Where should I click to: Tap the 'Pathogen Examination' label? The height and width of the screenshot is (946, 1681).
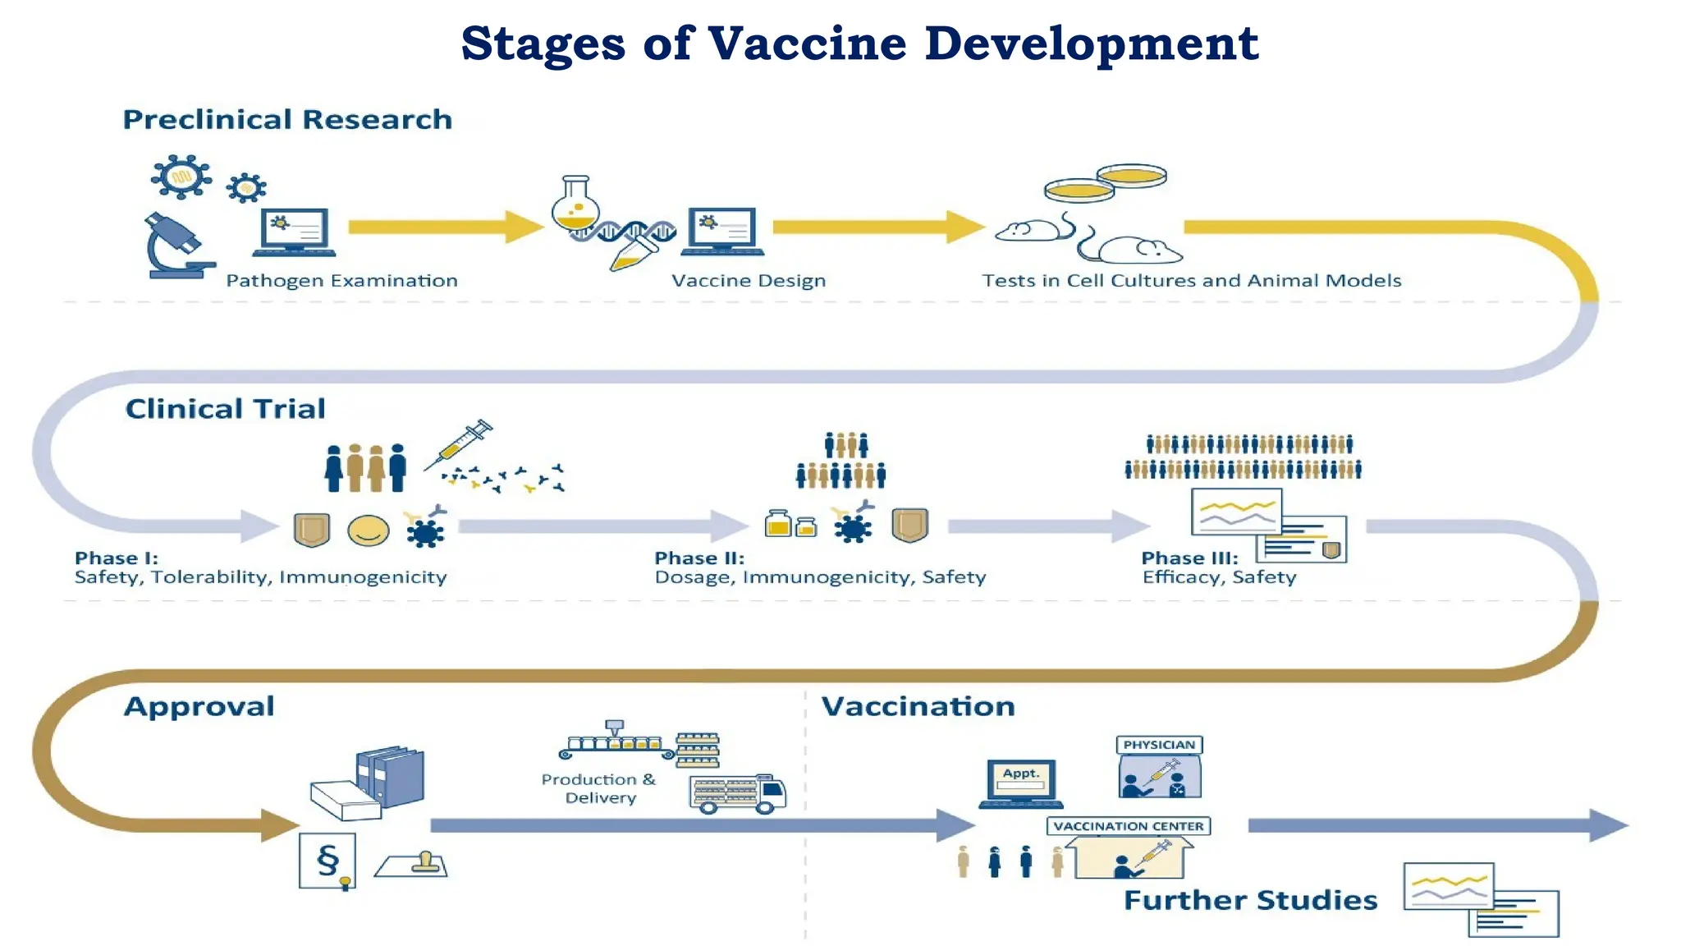[341, 281]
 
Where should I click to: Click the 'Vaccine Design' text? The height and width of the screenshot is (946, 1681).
[748, 281]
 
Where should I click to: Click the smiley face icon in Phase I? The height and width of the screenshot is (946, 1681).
[368, 530]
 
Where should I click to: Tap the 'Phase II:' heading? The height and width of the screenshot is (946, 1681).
[699, 558]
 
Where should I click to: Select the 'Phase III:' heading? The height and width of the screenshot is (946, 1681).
[1189, 558]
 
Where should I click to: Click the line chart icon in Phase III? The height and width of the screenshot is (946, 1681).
[1236, 512]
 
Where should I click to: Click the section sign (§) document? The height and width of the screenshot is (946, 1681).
[327, 860]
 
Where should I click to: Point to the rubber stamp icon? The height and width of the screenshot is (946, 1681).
[413, 864]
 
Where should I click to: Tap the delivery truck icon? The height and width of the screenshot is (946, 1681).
[738, 793]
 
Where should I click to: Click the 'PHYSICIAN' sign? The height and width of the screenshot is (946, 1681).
[1159, 745]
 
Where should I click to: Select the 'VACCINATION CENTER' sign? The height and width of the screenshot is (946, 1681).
[1128, 826]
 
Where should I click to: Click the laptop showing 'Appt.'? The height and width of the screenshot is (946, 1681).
[1020, 783]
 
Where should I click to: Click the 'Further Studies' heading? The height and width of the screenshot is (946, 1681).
[1249, 900]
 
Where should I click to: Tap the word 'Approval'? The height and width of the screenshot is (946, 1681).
[199, 706]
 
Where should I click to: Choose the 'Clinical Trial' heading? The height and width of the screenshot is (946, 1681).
[225, 409]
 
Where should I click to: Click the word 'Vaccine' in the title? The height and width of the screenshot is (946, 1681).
[807, 44]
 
